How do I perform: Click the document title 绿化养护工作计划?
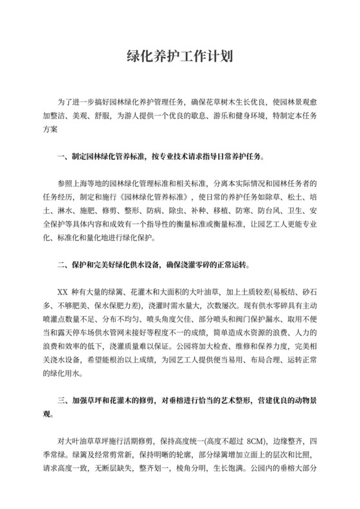(179, 57)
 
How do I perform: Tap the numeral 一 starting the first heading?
(61, 156)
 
